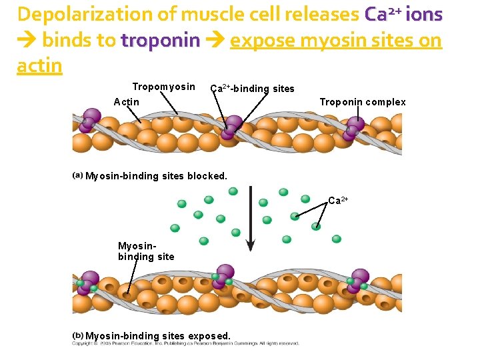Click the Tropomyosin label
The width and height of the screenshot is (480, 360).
click(163, 87)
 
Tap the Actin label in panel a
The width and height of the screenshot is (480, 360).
click(127, 102)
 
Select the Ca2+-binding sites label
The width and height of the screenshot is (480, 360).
click(252, 89)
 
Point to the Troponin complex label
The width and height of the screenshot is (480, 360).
click(363, 102)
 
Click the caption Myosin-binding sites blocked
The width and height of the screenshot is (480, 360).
click(156, 177)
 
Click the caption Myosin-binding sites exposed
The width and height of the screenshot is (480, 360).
click(158, 336)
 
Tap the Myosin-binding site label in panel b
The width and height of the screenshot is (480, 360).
click(146, 251)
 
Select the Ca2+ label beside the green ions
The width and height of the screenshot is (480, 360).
click(338, 201)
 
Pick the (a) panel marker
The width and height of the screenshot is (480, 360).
click(78, 176)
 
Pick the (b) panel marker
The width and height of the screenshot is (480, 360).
click(78, 335)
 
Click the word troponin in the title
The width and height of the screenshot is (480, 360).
click(160, 41)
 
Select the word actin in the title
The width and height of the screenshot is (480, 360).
click(39, 66)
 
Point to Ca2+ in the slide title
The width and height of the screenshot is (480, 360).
click(383, 15)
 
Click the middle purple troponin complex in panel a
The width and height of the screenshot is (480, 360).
click(232, 127)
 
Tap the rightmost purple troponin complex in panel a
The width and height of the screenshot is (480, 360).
click(353, 127)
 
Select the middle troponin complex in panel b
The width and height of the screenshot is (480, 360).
click(223, 277)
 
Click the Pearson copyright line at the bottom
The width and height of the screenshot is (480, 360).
click(185, 344)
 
